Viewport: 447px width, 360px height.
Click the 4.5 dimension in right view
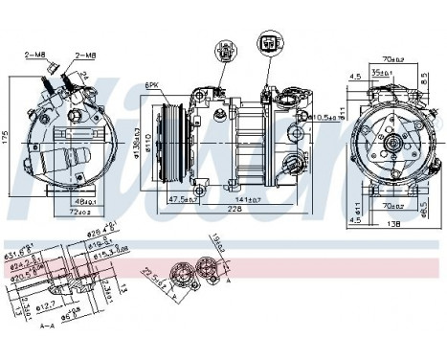(x=354, y=77)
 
